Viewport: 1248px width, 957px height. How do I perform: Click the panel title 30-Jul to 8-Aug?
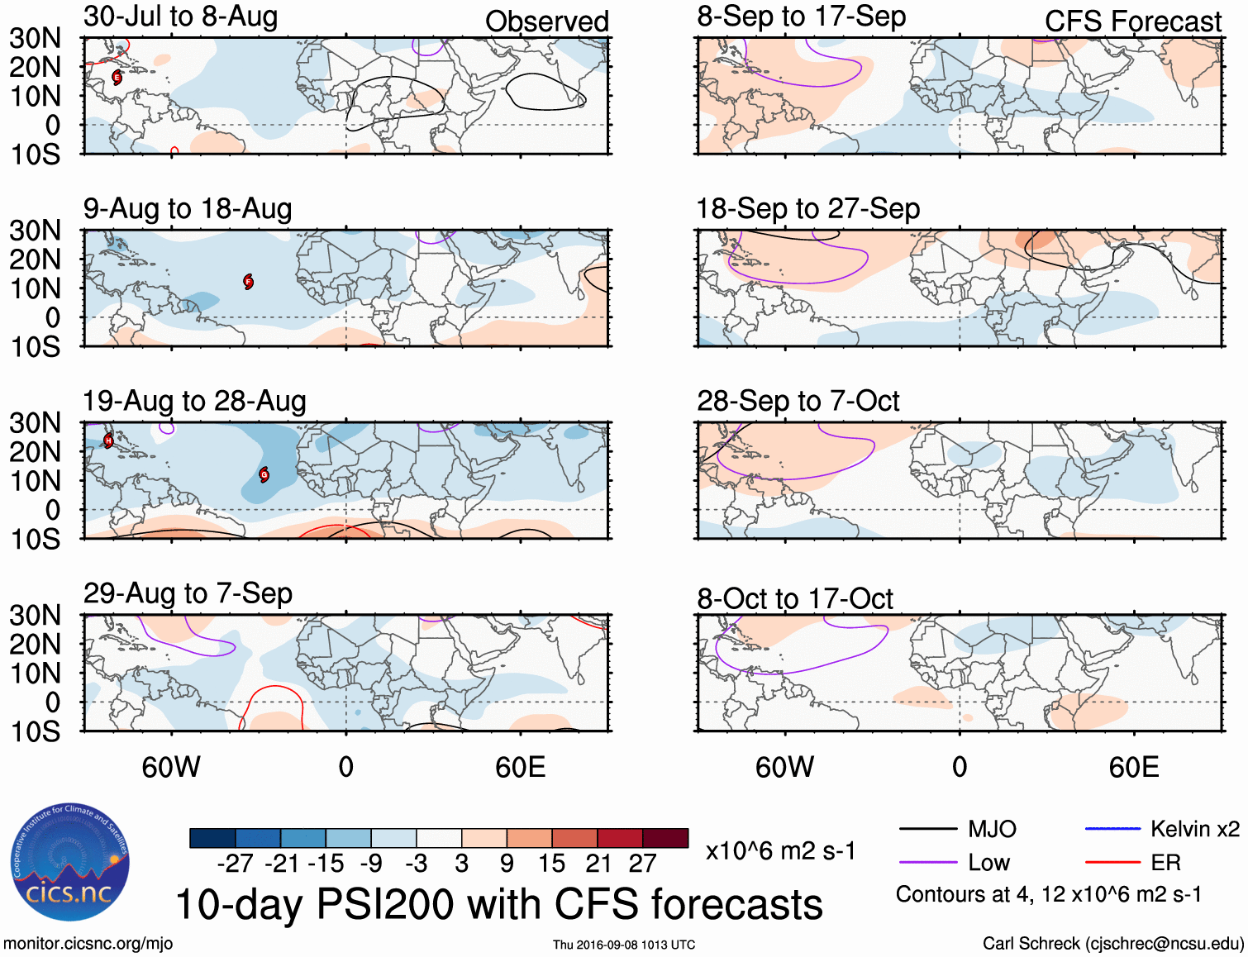180,17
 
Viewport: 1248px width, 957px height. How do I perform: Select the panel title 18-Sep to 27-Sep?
807,208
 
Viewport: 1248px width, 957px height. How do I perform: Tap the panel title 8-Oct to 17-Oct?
794,598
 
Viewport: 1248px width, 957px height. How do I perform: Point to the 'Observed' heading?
546,21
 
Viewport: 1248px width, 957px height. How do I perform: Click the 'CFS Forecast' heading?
1132,21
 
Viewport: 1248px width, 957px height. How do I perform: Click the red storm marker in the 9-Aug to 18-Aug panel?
248,282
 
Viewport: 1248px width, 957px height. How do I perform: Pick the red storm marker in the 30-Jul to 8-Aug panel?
117,78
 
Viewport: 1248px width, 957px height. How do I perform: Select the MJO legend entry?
991,829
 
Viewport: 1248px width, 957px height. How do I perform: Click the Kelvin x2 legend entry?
1194,829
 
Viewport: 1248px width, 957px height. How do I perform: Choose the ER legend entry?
1165,863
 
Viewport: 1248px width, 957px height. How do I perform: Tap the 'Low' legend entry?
988,863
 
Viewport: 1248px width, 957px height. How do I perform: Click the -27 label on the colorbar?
236,864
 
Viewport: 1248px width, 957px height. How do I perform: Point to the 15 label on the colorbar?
551,864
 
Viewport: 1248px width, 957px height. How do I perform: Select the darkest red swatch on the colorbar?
665,838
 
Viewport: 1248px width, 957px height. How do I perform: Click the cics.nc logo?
70,863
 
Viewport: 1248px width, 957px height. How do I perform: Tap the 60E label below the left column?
520,767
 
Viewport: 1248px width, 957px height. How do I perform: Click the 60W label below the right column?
784,767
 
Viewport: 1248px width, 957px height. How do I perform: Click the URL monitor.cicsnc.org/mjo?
88,944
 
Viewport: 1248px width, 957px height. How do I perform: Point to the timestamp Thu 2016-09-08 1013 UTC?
624,945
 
